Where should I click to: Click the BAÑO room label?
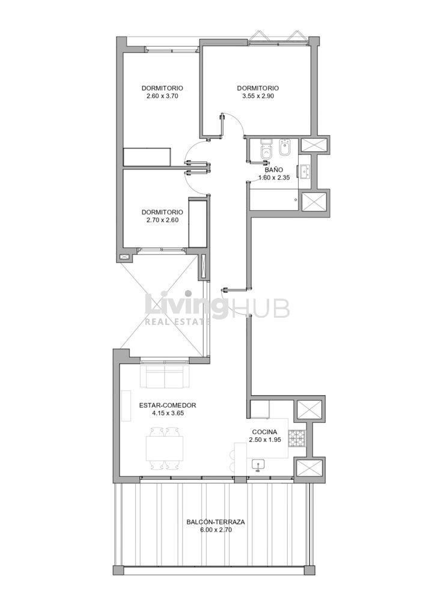[274, 170]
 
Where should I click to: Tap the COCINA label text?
[265, 432]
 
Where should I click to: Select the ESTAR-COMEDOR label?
[168, 405]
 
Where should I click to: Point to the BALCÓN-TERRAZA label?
[216, 523]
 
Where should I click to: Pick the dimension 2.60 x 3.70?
[162, 95]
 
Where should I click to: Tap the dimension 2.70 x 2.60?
[162, 220]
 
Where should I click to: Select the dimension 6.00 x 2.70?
[216, 530]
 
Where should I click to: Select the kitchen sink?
[258, 465]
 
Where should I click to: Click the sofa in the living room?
[165, 377]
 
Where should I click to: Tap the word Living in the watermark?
[186, 305]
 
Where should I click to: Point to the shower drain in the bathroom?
[296, 199]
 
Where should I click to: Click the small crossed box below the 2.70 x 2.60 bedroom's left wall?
[125, 257]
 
